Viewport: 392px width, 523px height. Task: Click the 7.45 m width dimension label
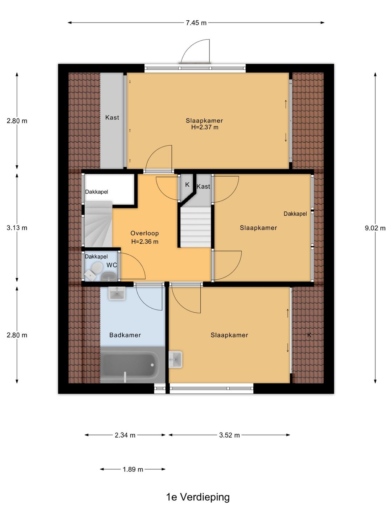196,23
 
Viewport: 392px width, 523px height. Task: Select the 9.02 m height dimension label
375,228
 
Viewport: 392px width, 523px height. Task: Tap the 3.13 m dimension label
17,228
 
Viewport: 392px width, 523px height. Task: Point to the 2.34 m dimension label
125,435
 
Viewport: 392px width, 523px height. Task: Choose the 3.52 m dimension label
229,435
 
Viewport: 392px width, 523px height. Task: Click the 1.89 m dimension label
133,469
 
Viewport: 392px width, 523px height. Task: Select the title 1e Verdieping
198,497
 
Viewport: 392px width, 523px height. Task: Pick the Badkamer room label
125,335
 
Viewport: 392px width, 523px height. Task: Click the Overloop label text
144,233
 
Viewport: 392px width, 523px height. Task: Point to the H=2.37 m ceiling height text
205,127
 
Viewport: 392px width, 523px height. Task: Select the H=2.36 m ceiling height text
145,242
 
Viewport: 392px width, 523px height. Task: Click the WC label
112,265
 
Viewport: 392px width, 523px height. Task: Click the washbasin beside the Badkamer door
117,293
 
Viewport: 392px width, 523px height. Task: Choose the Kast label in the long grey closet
112,117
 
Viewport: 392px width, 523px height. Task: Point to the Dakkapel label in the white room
97,192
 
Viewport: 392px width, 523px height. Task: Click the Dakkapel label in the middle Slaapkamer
295,214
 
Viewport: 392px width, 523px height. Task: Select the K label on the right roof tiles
309,335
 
